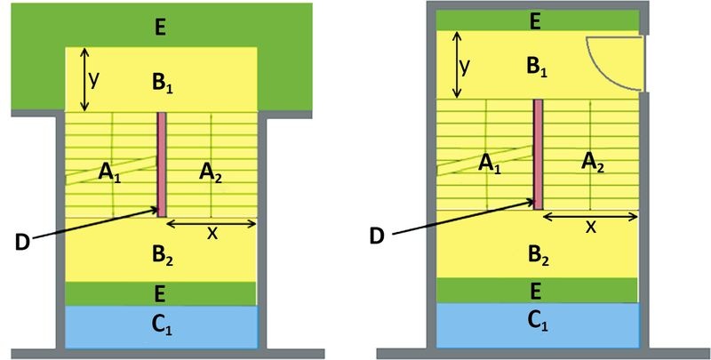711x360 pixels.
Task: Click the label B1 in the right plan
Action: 536,67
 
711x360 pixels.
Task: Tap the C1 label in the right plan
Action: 538,321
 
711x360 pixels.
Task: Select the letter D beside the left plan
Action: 23,243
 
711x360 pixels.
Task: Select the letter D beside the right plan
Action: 377,236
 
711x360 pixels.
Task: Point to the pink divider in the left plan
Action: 162,164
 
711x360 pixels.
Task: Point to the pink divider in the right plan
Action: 539,154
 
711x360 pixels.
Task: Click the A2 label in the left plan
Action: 211,173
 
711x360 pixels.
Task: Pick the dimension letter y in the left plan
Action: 94,79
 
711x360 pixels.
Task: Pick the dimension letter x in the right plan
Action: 590,227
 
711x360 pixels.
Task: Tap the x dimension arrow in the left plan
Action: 212,222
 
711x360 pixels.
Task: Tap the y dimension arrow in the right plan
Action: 457,65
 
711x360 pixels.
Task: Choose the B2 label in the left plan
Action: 163,257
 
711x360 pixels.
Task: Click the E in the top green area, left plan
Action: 160,28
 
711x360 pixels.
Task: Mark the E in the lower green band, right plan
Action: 535,292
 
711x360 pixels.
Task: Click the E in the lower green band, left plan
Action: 159,295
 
